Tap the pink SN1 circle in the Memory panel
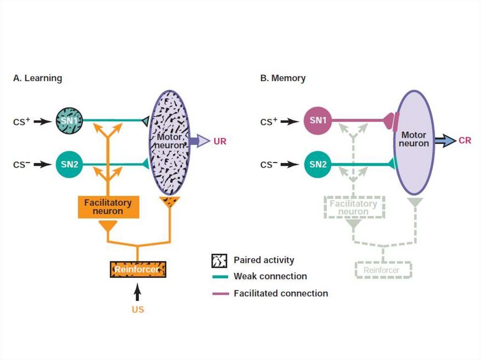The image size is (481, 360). coord(318,121)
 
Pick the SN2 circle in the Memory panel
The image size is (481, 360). coord(318,164)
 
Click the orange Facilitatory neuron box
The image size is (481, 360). coord(108,207)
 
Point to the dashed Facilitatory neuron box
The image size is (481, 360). coord(353,207)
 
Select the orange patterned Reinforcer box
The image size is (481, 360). coord(138,270)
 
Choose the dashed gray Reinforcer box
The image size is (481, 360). coord(383,270)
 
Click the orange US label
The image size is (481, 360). coord(138,310)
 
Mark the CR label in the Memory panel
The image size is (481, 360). coord(465,140)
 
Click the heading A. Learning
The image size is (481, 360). coord(38,78)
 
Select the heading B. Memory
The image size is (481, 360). coord(283,78)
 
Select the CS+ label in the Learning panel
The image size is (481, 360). coord(22,122)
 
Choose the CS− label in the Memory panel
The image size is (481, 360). coord(269,164)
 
